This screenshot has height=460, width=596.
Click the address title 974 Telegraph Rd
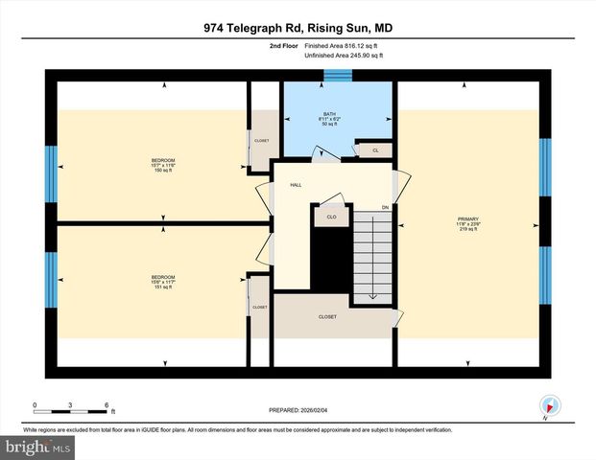point(298,29)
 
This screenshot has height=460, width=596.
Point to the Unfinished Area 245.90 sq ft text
point(343,56)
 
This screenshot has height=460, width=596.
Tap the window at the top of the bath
point(338,76)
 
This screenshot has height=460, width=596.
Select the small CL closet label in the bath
point(375,150)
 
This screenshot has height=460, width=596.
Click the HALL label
point(297,184)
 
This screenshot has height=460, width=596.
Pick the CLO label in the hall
point(331,218)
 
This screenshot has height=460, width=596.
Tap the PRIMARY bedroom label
point(467,221)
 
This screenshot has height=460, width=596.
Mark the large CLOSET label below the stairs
point(328,316)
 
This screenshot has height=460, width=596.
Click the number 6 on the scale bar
point(107,405)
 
